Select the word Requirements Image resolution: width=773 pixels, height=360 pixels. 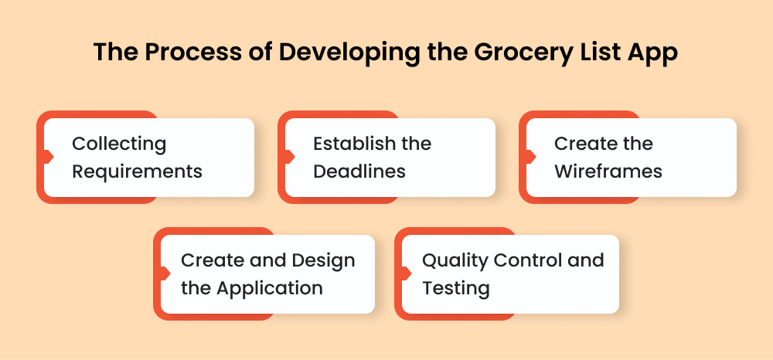pyautogui.click(x=137, y=171)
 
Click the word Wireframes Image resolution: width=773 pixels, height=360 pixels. pyautogui.click(x=608, y=171)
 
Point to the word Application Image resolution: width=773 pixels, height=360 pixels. pyautogui.click(x=269, y=288)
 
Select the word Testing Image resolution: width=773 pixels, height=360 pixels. pyautogui.click(x=455, y=288)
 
